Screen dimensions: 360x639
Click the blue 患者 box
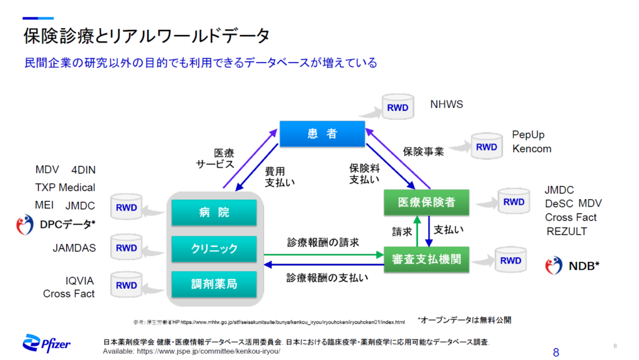point(321,134)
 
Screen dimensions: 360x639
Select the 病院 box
point(214,213)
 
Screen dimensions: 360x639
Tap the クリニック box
point(214,248)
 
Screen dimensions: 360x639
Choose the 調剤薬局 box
point(214,284)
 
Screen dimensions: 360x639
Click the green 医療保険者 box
point(426,202)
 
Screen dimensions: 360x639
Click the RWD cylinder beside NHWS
point(398,108)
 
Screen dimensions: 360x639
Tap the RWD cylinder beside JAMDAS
point(126,248)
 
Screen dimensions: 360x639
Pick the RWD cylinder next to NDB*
point(510,261)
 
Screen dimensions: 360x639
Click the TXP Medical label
point(66,187)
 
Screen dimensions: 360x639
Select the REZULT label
point(566,232)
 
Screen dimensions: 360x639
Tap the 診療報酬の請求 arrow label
point(323,242)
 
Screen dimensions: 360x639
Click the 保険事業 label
point(423,152)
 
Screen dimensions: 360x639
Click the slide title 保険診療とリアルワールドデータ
point(147,36)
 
